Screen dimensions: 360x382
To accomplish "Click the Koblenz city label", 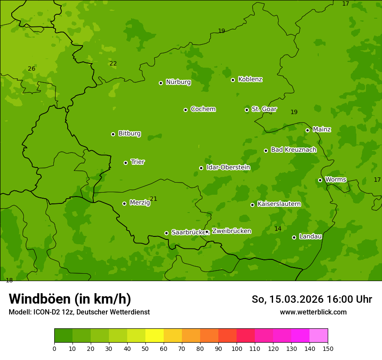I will click(250, 79).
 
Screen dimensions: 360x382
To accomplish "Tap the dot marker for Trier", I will click(125, 163).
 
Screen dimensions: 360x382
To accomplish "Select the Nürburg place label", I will click(178, 82).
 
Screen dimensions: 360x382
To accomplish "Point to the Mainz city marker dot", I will click(307, 130).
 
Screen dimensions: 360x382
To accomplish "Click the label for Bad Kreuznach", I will click(293, 150).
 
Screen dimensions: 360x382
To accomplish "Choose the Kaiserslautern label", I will click(279, 204).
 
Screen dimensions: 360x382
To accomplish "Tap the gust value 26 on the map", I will click(32, 69).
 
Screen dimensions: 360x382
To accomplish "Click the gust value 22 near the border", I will click(113, 63).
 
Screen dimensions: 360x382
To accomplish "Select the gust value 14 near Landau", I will click(278, 229).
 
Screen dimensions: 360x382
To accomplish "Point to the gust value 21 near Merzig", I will click(153, 199).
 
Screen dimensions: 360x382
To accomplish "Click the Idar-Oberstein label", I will click(228, 167).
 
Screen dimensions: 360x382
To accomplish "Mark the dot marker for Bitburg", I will click(113, 134).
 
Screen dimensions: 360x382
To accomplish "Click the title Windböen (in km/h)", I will click(70, 299).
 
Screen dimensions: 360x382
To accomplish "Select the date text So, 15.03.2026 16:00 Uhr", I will click(312, 299).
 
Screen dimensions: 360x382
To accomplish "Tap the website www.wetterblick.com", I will click(313, 312).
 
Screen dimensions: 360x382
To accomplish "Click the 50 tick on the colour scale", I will click(145, 348).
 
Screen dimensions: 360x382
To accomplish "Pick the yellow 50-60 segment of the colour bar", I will click(155, 336).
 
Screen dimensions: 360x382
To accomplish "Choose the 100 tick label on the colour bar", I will click(237, 348).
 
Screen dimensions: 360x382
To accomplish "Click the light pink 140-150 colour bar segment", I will click(319, 336).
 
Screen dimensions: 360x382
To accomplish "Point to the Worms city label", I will click(336, 180).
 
